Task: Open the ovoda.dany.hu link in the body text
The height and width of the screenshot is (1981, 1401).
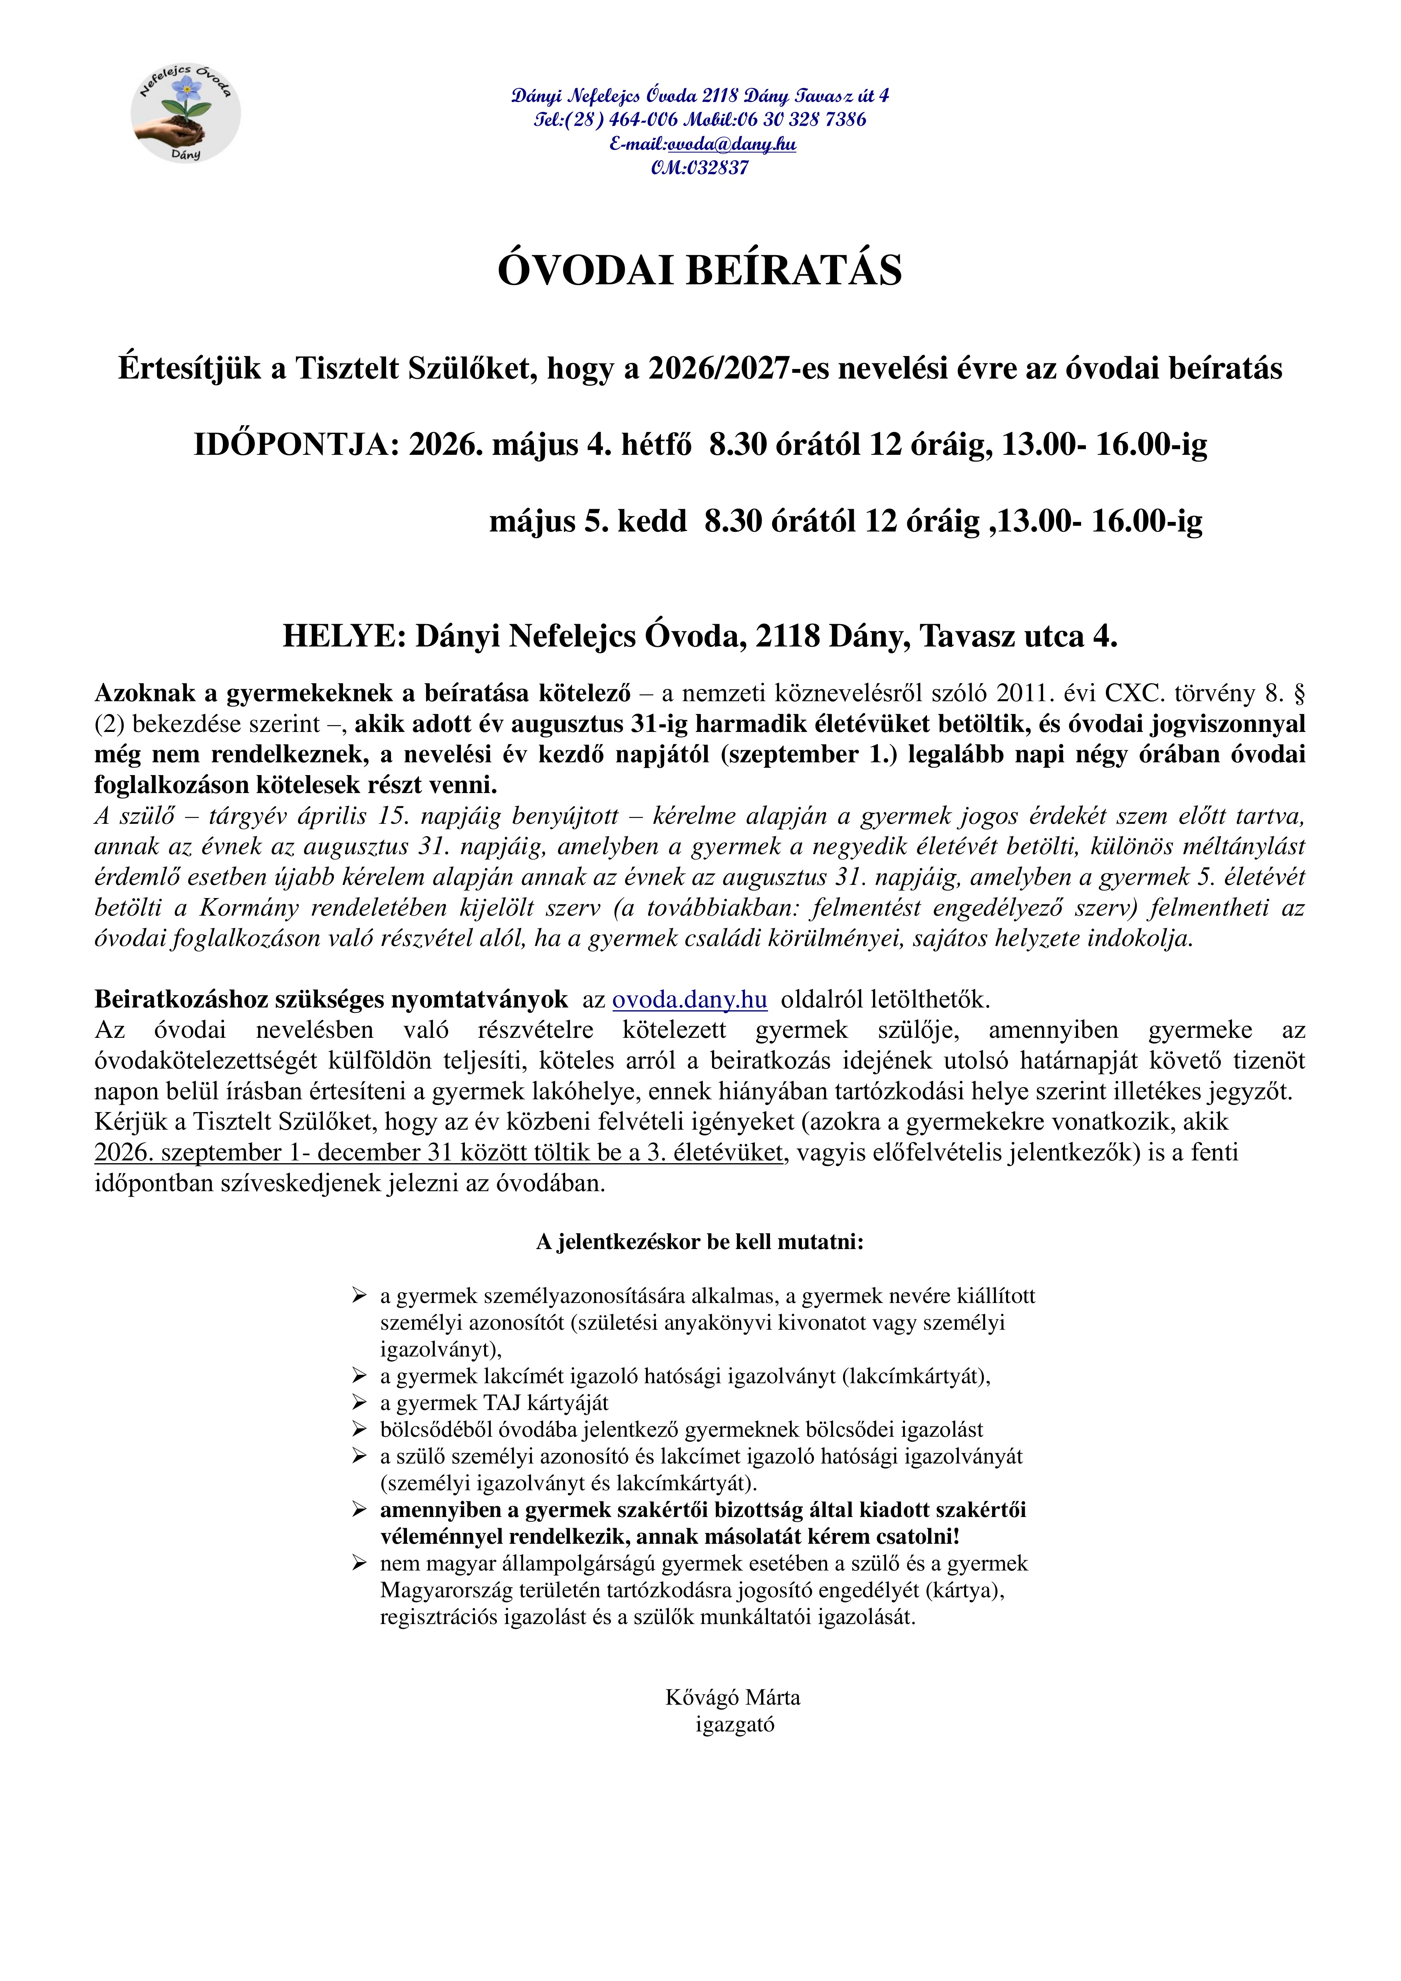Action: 689,1000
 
